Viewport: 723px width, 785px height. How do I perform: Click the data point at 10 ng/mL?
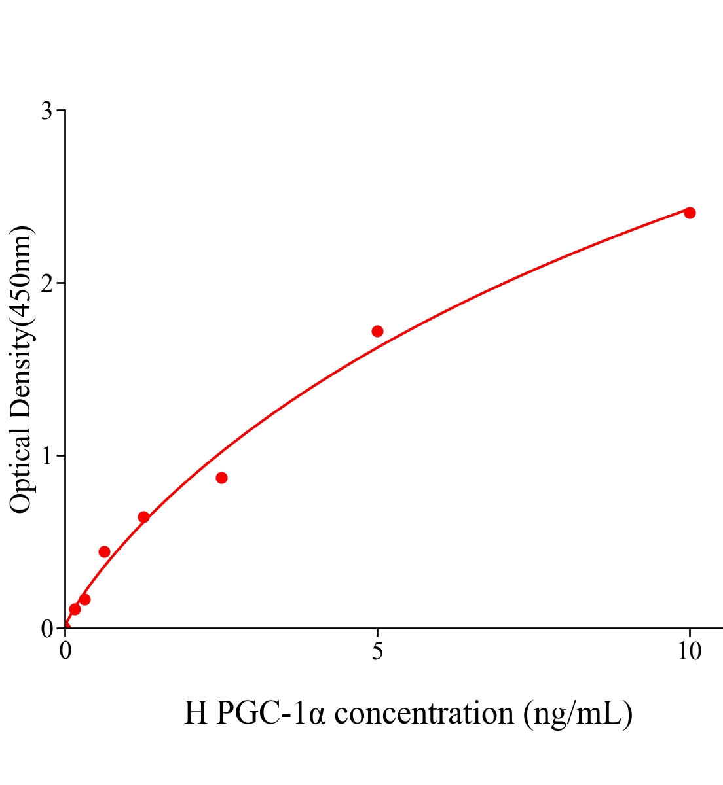click(x=689, y=213)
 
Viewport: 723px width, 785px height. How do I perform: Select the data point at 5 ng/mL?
click(x=377, y=331)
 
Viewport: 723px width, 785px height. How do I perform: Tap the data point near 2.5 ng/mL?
click(x=221, y=478)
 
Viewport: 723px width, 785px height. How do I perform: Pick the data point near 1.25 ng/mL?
click(x=143, y=517)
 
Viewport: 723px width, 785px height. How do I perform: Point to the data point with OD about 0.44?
click(x=104, y=551)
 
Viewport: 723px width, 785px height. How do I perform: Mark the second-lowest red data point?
click(x=84, y=599)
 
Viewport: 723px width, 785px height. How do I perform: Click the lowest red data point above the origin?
click(x=75, y=609)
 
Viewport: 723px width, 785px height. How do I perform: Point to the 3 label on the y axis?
click(x=46, y=111)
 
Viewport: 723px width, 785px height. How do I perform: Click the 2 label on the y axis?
click(x=46, y=283)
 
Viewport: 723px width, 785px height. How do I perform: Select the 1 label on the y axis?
click(x=46, y=456)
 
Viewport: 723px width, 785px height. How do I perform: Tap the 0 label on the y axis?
click(x=46, y=629)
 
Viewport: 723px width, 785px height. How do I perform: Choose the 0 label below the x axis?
click(x=65, y=652)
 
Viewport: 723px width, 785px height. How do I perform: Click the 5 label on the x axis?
click(x=377, y=652)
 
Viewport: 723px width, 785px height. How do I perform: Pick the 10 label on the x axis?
click(x=689, y=652)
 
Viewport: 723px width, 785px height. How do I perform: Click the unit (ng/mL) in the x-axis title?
click(x=578, y=713)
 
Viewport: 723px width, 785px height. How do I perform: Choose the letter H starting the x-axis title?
click(x=196, y=713)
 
